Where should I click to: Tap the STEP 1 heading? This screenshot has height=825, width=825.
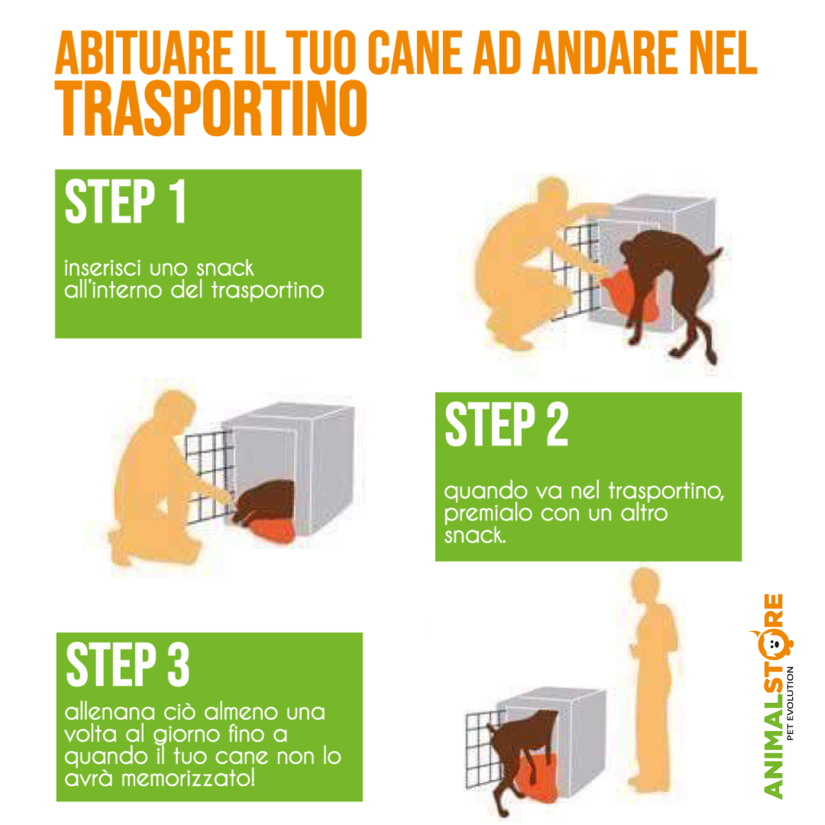coord(125,202)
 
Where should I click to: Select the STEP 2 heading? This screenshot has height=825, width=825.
coord(506,425)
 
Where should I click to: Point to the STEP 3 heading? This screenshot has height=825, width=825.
coord(128,665)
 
